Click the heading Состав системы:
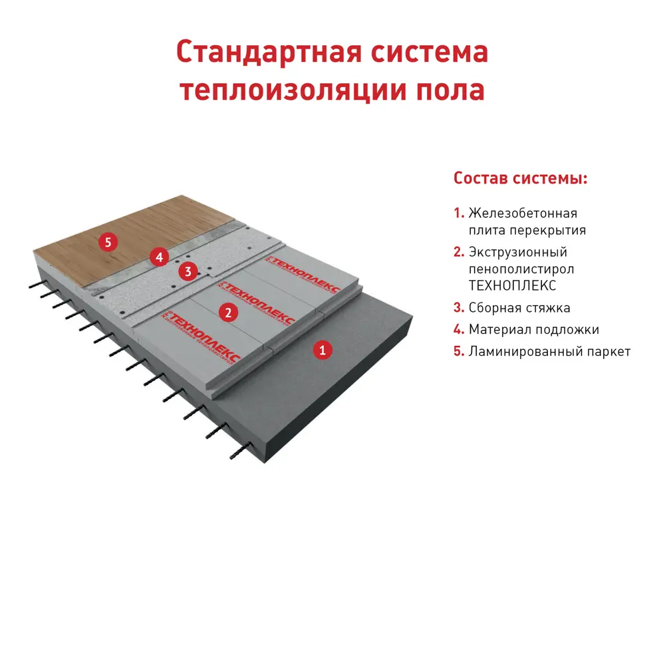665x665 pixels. coord(520,179)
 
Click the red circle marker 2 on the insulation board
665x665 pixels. coord(228,312)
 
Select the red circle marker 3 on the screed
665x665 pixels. coord(188,271)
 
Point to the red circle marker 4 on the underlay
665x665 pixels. coord(157,255)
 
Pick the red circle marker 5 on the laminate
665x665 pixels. coord(108,242)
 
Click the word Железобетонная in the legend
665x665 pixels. coord(523,213)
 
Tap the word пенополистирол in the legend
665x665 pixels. coord(521,269)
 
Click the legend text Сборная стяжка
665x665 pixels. coord(519,308)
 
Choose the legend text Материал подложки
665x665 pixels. coord(533,330)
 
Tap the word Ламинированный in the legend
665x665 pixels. coord(523,352)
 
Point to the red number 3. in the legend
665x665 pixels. coord(459,308)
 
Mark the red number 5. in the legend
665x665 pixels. coord(459,352)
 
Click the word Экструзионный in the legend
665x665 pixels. coord(517,253)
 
